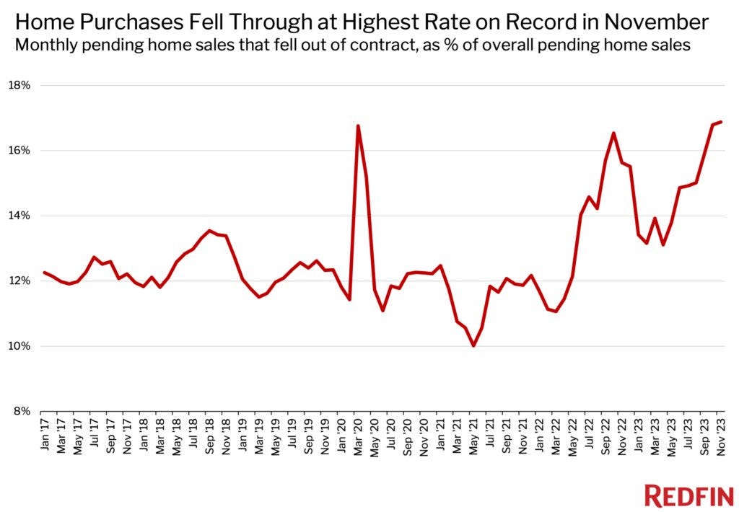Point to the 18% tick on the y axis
point(19,85)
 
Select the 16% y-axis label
point(19,151)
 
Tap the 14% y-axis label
point(19,216)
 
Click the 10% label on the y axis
point(19,346)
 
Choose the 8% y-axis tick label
point(22,411)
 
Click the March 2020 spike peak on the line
point(358,126)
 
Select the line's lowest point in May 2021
point(473,346)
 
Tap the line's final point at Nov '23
point(722,122)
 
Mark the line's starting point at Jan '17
point(45,273)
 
